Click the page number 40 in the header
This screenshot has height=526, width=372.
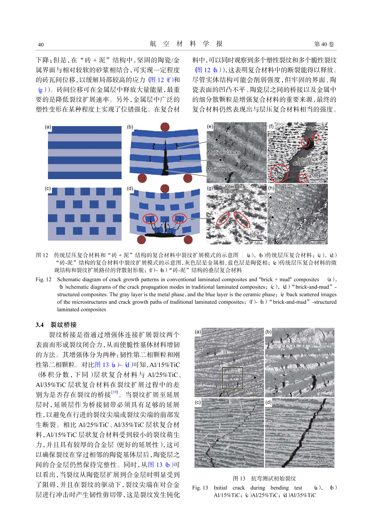[x=41, y=44]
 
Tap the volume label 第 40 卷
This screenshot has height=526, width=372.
[x=324, y=44]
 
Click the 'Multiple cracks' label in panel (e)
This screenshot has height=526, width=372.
[x=224, y=152]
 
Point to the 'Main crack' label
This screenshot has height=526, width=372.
[x=219, y=170]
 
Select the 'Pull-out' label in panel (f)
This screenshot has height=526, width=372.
[x=316, y=128]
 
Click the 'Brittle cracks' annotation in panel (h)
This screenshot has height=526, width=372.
[x=288, y=190]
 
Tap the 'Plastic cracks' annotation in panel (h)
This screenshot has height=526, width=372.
[x=286, y=205]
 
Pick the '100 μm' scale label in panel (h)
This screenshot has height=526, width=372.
[x=317, y=236]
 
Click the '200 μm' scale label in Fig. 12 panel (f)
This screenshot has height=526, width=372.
[x=317, y=175]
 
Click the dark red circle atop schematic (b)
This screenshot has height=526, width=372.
[x=165, y=127]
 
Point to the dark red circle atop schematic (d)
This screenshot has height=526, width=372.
[x=165, y=189]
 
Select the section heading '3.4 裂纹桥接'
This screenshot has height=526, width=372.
[x=56, y=325]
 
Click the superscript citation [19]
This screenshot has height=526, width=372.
[x=115, y=392]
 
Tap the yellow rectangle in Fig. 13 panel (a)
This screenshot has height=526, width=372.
[x=232, y=378]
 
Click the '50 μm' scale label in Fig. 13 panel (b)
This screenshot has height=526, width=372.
[x=325, y=390]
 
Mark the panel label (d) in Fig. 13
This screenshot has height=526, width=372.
[x=268, y=402]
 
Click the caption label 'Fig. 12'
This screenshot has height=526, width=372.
[x=43, y=279]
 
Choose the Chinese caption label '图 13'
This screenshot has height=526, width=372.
[x=239, y=478]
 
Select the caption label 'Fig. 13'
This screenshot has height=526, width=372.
[x=200, y=488]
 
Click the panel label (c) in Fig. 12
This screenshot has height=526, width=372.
[x=48, y=189]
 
